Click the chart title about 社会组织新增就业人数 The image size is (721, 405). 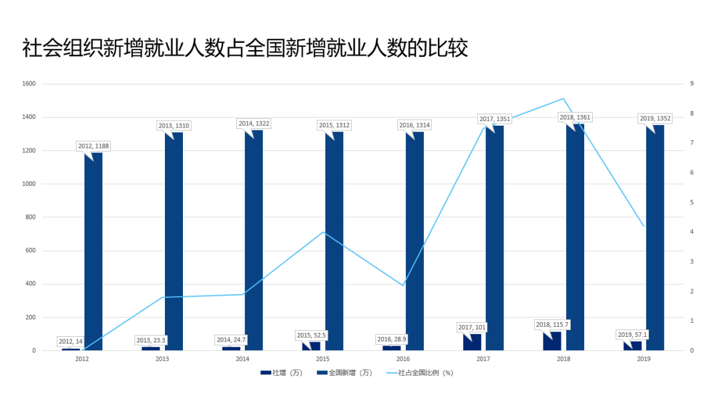[x=245, y=49]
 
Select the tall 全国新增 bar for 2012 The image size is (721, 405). [x=93, y=254]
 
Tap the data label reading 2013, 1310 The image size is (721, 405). [x=174, y=126]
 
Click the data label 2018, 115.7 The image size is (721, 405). [x=552, y=325]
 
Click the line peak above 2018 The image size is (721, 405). [x=563, y=99]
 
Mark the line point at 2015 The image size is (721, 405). [x=323, y=232]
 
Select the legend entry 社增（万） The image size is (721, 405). [x=281, y=373]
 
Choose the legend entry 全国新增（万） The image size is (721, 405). [x=344, y=373]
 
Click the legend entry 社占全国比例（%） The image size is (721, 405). [x=420, y=373]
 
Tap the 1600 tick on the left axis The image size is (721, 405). [x=29, y=84]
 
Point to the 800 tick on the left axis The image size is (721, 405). [x=31, y=217]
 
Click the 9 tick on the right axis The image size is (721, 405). [x=692, y=84]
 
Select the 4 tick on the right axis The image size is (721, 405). [x=692, y=232]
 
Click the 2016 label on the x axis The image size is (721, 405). [x=403, y=360]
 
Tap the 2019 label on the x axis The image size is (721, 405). [x=644, y=360]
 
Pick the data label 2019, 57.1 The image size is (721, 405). [x=632, y=335]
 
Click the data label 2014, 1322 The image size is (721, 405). [x=254, y=124]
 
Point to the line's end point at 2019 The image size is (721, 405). [x=644, y=226]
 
